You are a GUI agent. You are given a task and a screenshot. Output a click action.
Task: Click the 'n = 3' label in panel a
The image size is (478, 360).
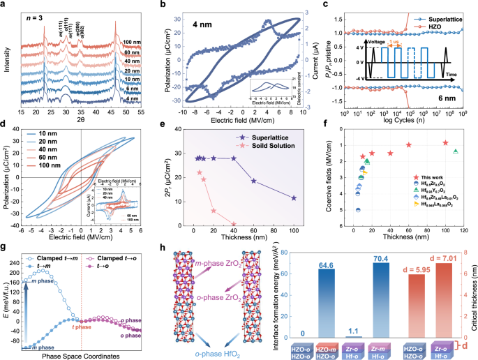tap(41, 13)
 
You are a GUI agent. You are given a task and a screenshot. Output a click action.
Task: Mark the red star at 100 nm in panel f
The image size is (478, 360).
tap(445, 143)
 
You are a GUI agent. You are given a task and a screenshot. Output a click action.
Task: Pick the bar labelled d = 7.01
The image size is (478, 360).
tap(444, 293)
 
